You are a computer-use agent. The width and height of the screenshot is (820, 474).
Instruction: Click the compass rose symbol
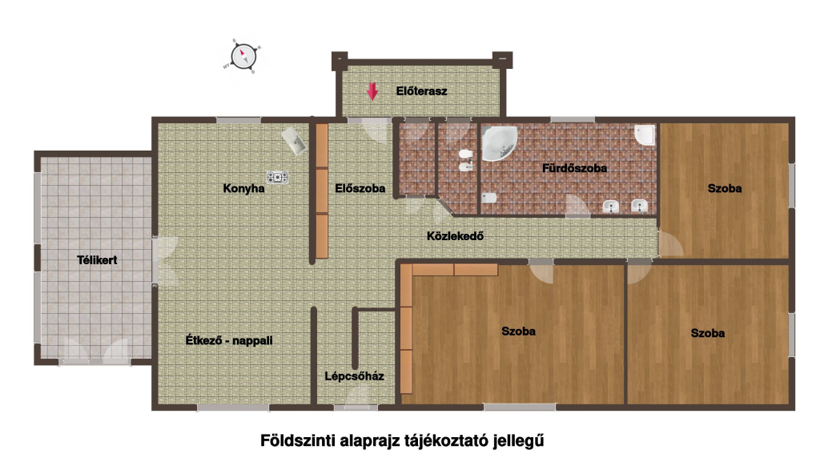click(x=243, y=56)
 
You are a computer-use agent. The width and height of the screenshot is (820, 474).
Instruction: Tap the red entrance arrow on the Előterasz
click(x=372, y=91)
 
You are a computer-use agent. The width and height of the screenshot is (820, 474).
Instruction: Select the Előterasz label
click(x=421, y=91)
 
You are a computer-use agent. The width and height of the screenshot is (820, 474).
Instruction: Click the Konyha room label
click(x=243, y=188)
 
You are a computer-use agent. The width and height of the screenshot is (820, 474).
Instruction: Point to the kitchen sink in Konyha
click(x=294, y=140)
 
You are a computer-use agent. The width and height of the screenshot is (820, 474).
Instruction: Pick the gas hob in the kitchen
click(x=278, y=178)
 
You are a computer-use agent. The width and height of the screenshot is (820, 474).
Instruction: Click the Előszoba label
click(x=360, y=188)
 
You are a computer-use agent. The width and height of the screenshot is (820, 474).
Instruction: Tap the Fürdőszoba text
click(x=574, y=168)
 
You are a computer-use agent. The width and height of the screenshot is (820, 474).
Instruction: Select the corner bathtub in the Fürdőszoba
click(x=498, y=143)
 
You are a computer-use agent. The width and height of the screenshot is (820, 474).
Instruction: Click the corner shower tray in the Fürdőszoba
click(x=645, y=135)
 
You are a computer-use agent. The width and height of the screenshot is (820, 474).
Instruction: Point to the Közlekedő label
click(x=455, y=236)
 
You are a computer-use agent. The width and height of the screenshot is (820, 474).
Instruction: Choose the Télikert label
click(x=97, y=260)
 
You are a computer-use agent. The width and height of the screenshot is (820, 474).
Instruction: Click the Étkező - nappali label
click(x=229, y=340)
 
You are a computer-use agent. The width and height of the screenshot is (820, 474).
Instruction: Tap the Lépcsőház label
click(x=354, y=376)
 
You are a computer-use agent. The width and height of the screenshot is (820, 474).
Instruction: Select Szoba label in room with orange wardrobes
click(x=518, y=331)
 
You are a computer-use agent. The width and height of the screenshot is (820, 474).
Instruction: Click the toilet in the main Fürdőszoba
click(x=489, y=198)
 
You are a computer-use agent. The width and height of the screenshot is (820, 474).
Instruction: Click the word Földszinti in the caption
click(x=297, y=440)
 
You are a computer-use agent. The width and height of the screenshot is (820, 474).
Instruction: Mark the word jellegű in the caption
click(x=518, y=441)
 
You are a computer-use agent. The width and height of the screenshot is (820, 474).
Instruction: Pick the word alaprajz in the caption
click(x=370, y=441)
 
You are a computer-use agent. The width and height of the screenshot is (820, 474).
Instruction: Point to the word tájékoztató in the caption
click(x=446, y=441)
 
